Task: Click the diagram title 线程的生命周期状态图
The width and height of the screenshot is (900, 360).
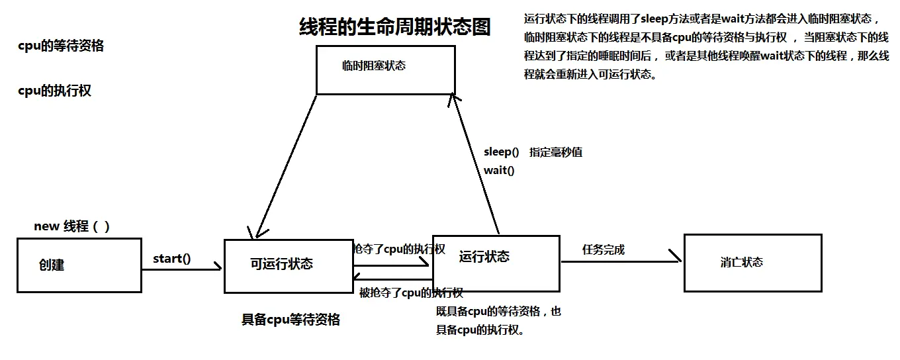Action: pyautogui.click(x=395, y=26)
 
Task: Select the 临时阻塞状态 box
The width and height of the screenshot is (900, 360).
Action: pyautogui.click(x=385, y=69)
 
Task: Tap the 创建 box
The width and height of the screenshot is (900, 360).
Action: pyautogui.click(x=79, y=265)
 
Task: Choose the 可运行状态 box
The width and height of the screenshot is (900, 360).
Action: pyautogui.click(x=288, y=265)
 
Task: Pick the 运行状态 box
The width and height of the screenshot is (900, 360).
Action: pyautogui.click(x=496, y=263)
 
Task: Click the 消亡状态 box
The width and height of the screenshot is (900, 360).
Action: pyautogui.click(x=752, y=263)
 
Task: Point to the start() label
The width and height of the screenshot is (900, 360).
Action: pyautogui.click(x=171, y=258)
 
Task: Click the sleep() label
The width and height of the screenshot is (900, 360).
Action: pyautogui.click(x=501, y=152)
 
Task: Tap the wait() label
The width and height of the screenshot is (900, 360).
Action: pyautogui.click(x=499, y=170)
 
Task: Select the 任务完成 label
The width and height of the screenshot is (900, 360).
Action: pyautogui.click(x=603, y=249)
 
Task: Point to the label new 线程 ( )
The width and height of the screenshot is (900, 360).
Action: pyautogui.click(x=71, y=226)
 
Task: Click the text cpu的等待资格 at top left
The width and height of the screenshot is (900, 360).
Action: pyautogui.click(x=61, y=46)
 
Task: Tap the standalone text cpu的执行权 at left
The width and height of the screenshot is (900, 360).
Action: pyautogui.click(x=54, y=91)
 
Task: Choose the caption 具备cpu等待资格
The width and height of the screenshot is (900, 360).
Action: pyautogui.click(x=291, y=320)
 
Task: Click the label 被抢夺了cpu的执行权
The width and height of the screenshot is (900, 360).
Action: pyautogui.click(x=410, y=292)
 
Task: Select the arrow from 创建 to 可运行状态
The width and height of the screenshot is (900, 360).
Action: pyautogui.click(x=181, y=269)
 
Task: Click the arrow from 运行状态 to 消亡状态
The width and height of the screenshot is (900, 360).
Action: pyautogui.click(x=620, y=261)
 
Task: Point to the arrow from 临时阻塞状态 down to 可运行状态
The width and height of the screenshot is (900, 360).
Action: pyautogui.click(x=285, y=165)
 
